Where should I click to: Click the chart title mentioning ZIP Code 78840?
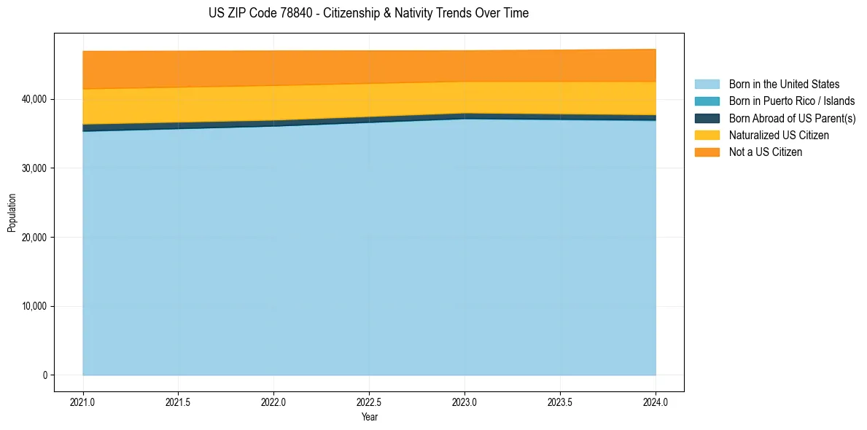pyautogui.click(x=368, y=13)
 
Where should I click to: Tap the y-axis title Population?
pyautogui.click(x=12, y=212)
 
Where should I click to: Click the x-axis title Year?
pyautogui.click(x=369, y=417)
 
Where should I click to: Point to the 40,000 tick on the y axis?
pyautogui.click(x=33, y=99)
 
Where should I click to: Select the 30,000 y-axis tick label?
pyautogui.click(x=33, y=168)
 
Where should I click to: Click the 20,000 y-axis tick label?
pyautogui.click(x=33, y=238)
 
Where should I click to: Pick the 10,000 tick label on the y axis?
pyautogui.click(x=33, y=306)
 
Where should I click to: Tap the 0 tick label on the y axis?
pyautogui.click(x=44, y=375)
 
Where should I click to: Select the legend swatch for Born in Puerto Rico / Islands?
pyautogui.click(x=707, y=101)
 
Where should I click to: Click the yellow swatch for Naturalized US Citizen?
pyautogui.click(x=707, y=136)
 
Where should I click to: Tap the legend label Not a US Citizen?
pyautogui.click(x=766, y=152)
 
